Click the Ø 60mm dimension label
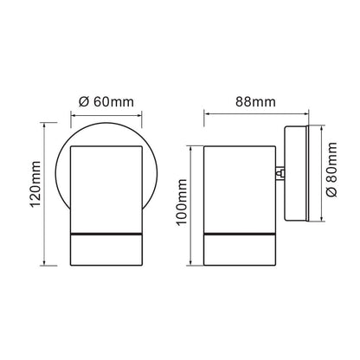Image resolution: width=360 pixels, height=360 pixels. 106,102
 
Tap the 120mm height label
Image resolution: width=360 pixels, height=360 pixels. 36,184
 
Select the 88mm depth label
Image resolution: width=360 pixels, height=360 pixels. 255,102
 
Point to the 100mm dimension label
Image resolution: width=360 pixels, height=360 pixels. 182,202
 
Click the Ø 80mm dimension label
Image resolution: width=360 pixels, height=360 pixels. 331,170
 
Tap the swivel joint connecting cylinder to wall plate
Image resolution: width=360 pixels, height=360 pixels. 280,174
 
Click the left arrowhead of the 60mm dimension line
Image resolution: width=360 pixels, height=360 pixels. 74,116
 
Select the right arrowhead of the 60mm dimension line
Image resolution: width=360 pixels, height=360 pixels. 139,116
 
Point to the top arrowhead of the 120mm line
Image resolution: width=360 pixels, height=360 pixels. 44,125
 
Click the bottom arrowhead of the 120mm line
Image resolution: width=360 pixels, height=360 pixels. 44,263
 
